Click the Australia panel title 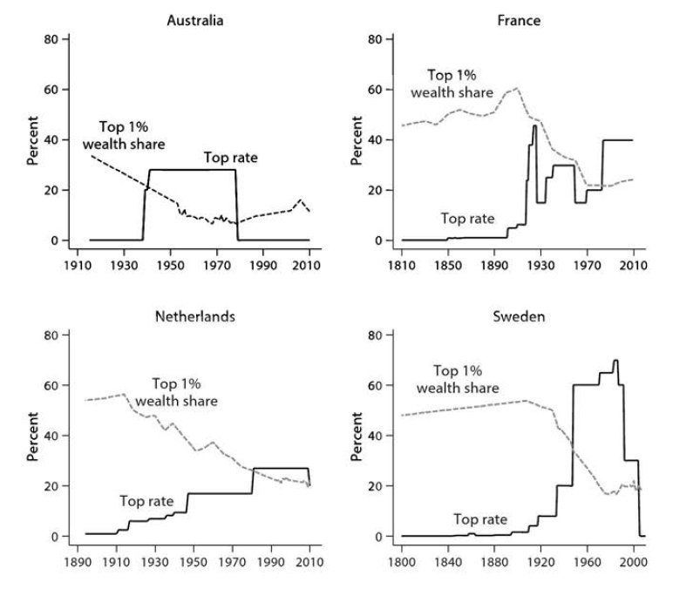coord(195,21)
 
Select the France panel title coord(519,21)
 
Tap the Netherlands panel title coord(195,316)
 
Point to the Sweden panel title coord(519,316)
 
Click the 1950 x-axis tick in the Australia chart coord(171,266)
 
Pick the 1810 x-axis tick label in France coord(402,266)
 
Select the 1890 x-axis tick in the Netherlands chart coord(78,562)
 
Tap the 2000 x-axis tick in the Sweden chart coord(633,562)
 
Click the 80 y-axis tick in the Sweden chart coord(375,335)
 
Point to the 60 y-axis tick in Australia coord(51,90)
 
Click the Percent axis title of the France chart coord(357,140)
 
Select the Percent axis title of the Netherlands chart coord(32,437)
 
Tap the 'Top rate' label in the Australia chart coord(231,158)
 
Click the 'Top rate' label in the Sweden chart coord(480,519)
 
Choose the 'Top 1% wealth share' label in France coord(452,84)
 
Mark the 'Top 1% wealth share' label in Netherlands coord(176,392)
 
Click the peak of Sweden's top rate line coord(616,361)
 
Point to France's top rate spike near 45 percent coord(534,126)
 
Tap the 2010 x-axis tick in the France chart coord(633,266)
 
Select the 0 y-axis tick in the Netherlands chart coord(54,537)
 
